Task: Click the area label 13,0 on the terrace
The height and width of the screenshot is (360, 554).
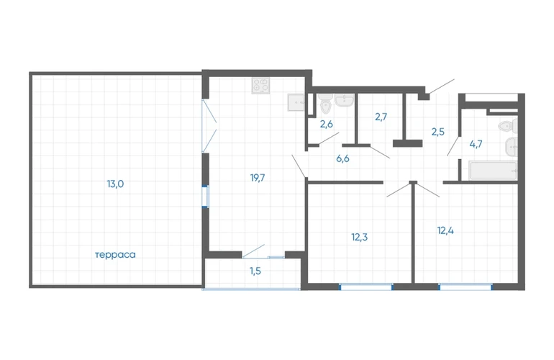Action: point(115,184)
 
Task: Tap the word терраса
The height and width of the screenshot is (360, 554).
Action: point(115,255)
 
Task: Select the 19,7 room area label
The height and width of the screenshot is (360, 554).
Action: point(258,178)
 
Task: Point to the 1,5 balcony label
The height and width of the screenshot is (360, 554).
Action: point(255,271)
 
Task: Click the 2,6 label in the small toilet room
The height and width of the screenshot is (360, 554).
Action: point(327,124)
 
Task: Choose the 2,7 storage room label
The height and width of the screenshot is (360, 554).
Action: point(381,117)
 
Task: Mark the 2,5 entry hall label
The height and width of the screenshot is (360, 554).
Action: point(437,132)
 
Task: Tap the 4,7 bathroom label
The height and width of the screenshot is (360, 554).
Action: point(476,144)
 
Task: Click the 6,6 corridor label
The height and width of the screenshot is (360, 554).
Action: point(342,158)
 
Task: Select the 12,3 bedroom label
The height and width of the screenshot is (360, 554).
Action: point(359,237)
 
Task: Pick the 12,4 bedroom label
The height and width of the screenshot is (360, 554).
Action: point(445,230)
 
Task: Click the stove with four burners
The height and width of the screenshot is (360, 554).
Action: point(260,86)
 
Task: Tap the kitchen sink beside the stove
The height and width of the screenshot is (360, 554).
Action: point(296,102)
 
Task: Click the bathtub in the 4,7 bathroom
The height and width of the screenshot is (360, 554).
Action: point(494,171)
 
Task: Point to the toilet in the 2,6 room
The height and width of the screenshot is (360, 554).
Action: point(325,104)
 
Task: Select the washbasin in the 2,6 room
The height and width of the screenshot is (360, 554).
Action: point(344,100)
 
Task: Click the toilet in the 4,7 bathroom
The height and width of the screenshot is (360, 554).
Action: point(509,126)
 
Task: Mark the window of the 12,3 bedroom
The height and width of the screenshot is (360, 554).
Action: point(366,287)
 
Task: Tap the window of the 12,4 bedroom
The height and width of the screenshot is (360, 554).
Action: point(465,287)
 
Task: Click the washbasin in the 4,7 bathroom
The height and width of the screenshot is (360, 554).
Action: point(512,147)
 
